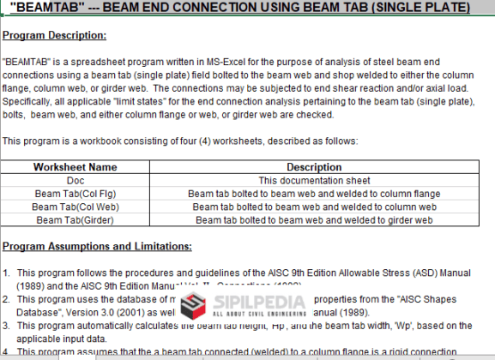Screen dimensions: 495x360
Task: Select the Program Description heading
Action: pyautogui.click(x=54, y=35)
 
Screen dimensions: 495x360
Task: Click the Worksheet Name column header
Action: pyautogui.click(x=75, y=167)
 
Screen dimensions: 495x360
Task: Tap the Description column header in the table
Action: pyautogui.click(x=314, y=167)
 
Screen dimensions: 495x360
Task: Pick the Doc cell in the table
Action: pyautogui.click(x=75, y=180)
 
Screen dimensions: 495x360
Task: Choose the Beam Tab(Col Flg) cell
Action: pyautogui.click(x=75, y=194)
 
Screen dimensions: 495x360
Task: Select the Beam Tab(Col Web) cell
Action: pyautogui.click(x=75, y=207)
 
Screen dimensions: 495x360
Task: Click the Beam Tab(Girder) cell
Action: pyautogui.click(x=75, y=220)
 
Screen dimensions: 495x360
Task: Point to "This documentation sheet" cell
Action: pyautogui.click(x=314, y=180)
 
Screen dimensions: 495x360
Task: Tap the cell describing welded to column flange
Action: pyautogui.click(x=314, y=194)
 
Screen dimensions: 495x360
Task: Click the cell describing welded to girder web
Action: pyautogui.click(x=314, y=220)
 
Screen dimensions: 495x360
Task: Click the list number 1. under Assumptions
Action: pyautogui.click(x=6, y=273)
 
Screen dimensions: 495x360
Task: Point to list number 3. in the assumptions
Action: pyautogui.click(x=6, y=326)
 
